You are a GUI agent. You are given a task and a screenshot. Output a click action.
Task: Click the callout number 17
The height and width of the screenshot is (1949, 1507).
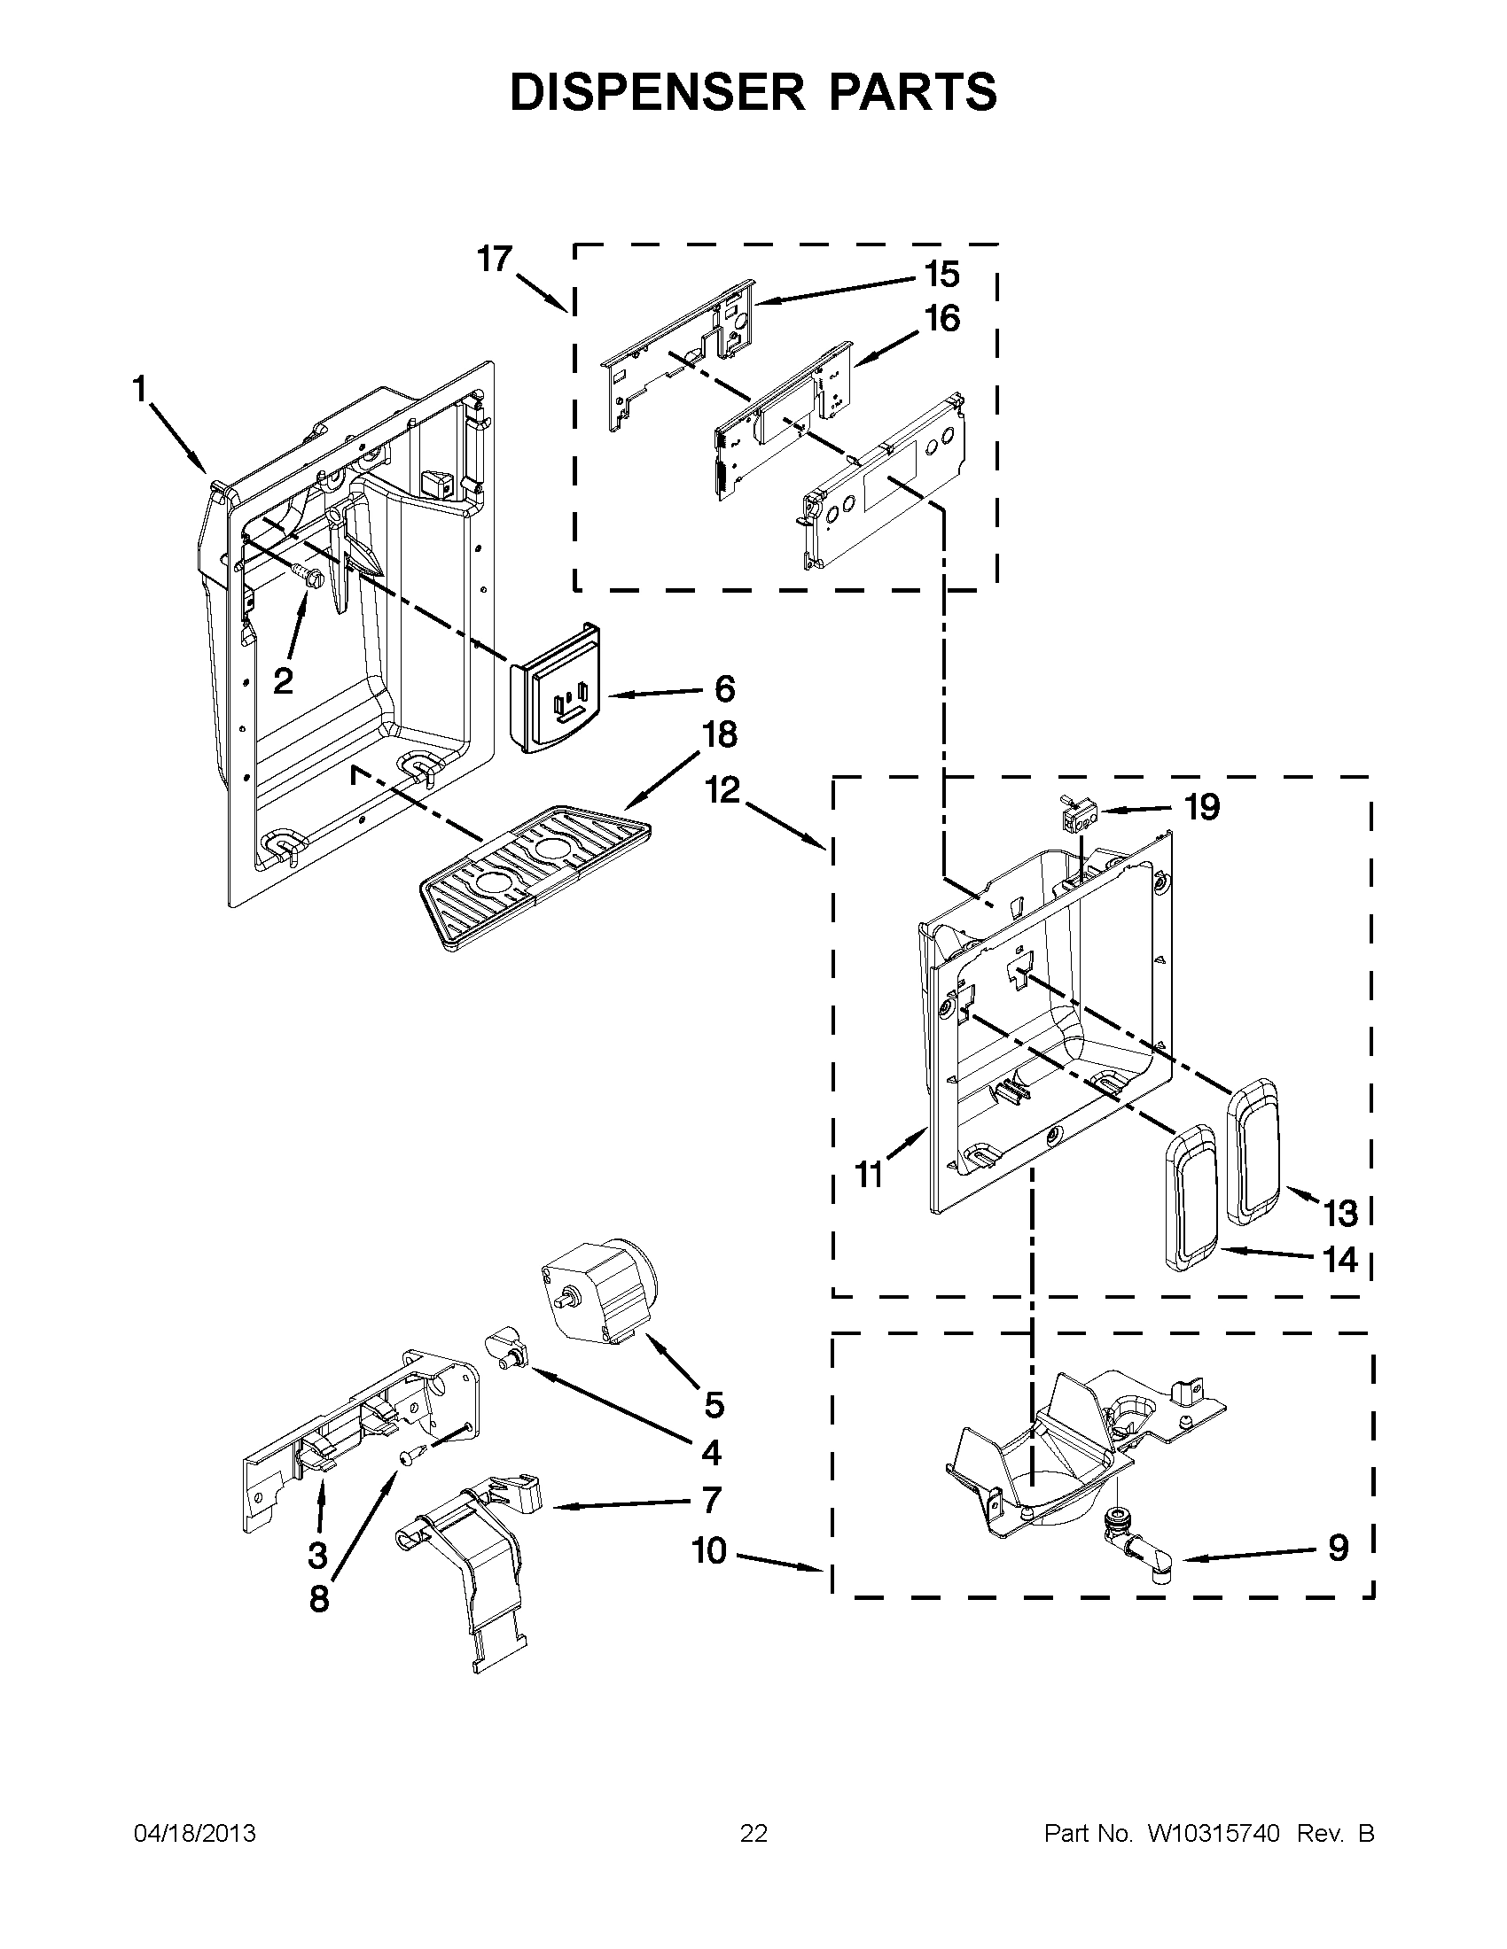click(x=494, y=259)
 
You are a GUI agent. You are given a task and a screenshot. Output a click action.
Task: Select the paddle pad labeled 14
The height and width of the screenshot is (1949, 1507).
click(x=1190, y=1196)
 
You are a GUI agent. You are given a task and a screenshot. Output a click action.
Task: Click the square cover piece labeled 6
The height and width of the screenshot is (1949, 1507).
click(x=555, y=689)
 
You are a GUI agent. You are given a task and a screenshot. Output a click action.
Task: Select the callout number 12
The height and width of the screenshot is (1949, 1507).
click(x=723, y=789)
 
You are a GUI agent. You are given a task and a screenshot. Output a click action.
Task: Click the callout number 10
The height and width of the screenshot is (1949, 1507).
click(x=710, y=1551)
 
